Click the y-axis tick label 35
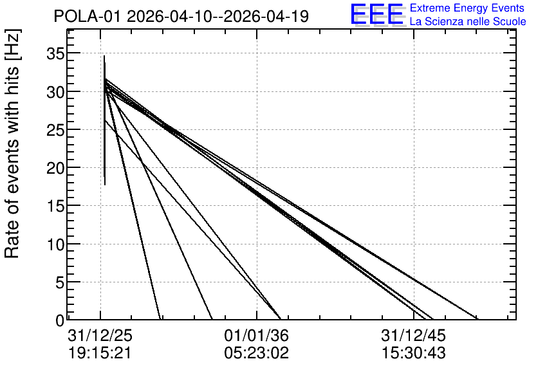click(x=55, y=54)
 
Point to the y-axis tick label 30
click(x=55, y=92)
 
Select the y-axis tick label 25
click(x=55, y=130)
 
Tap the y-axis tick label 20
click(x=55, y=168)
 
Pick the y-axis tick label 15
click(x=55, y=206)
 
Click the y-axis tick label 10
click(x=55, y=244)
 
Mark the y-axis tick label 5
click(x=59, y=282)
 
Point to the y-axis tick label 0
click(x=59, y=320)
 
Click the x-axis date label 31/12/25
click(x=100, y=335)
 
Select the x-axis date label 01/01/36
click(x=256, y=335)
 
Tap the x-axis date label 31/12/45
click(x=413, y=335)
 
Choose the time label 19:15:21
click(x=100, y=353)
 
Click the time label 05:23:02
click(x=256, y=353)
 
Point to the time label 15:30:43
click(x=413, y=353)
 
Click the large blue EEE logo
click(x=377, y=14)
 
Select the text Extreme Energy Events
click(x=467, y=8)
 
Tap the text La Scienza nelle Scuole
click(x=468, y=21)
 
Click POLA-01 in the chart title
click(x=88, y=16)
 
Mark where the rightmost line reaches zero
click(x=478, y=319)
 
